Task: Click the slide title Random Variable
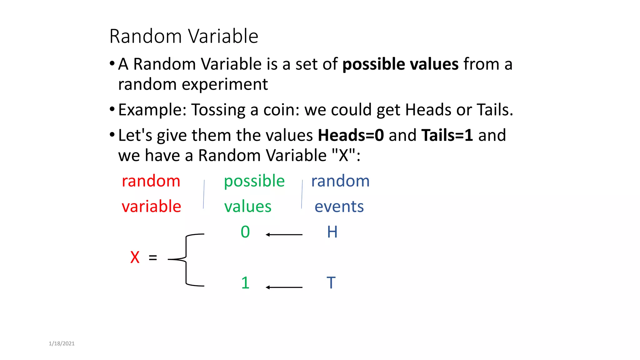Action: tap(184, 36)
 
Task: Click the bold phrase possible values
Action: tap(400, 64)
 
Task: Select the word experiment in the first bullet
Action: tap(225, 85)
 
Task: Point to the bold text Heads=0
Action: tap(351, 135)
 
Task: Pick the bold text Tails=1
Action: tap(447, 135)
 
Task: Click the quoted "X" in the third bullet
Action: tap(343, 155)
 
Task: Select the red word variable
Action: tap(151, 206)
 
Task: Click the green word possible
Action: tap(254, 181)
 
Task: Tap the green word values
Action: tap(247, 207)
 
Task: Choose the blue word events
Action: tap(339, 207)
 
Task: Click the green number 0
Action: tap(245, 232)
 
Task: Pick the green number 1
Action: tap(245, 283)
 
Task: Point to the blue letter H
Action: tap(332, 232)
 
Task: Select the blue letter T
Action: tap(331, 283)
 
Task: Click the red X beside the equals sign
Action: tap(135, 257)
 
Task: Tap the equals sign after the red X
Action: tap(153, 258)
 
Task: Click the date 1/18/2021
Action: tap(62, 343)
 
